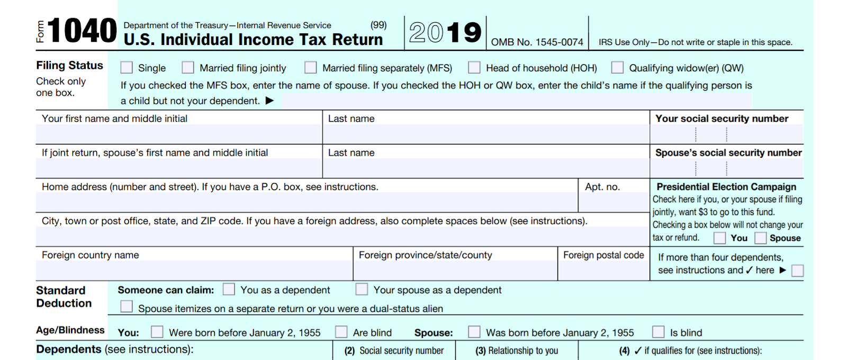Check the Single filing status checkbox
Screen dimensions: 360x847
[x=127, y=68]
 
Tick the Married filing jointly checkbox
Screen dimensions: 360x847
[x=188, y=68]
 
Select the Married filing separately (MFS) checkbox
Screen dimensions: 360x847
[x=311, y=68]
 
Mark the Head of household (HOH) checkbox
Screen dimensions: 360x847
[x=474, y=68]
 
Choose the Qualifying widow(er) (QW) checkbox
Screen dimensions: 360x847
[x=617, y=68]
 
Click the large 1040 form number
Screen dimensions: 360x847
[x=82, y=31]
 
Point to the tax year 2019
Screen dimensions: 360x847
[x=445, y=33]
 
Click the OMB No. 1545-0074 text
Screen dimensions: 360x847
[x=537, y=42]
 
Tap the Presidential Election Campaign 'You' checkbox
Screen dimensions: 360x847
[x=719, y=238]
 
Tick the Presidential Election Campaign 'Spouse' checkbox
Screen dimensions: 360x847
[x=761, y=238]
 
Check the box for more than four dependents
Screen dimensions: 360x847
[x=797, y=271]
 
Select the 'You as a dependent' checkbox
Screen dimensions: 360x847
[x=229, y=290]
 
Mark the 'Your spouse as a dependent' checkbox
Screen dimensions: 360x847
[x=362, y=290]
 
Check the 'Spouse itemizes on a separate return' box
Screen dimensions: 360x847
[x=127, y=307]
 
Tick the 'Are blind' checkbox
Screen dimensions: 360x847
[x=341, y=332]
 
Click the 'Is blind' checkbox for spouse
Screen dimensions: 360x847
[x=659, y=332]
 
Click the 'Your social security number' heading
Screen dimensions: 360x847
[x=722, y=119]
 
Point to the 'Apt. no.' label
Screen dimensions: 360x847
[x=602, y=187]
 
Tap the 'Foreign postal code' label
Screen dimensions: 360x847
[x=603, y=255]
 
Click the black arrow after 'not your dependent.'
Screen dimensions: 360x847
[x=269, y=101]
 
